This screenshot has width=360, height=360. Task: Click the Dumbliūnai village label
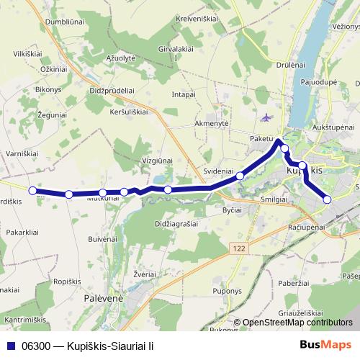(45, 22)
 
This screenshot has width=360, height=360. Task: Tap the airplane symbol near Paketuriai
(268, 117)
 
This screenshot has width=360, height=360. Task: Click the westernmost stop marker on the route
(32, 190)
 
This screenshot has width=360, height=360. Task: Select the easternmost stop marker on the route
(328, 199)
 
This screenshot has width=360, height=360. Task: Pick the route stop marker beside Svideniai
(240, 175)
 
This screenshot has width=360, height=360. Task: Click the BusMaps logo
(325, 346)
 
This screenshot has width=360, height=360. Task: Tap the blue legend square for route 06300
(12, 346)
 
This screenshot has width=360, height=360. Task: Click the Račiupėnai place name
(307, 225)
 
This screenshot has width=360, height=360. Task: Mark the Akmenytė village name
(211, 123)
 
